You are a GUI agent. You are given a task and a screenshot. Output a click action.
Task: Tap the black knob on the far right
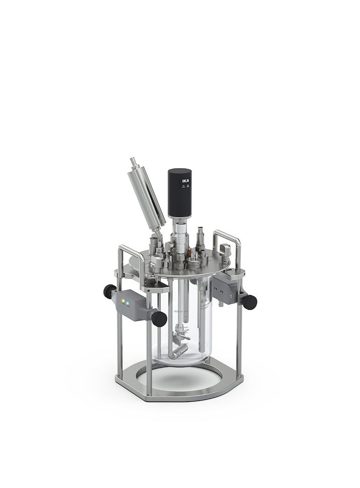coord(250,302)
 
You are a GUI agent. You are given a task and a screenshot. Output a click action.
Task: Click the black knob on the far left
coord(109,292)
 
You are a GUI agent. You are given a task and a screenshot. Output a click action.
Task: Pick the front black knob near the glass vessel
coord(159,319)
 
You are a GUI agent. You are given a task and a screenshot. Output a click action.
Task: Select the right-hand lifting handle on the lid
coord(228,241)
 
